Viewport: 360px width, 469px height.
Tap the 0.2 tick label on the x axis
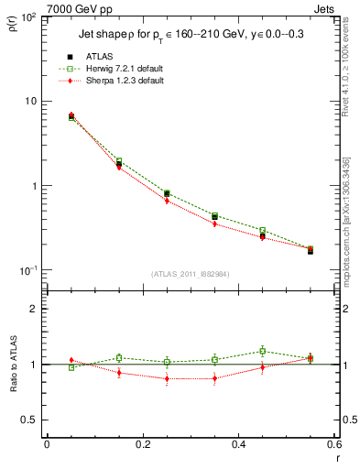point(142,444)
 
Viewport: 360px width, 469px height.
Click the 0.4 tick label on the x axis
point(238,444)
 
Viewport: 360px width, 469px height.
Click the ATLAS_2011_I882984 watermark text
point(191,274)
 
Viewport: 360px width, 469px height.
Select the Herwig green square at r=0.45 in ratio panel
point(262,351)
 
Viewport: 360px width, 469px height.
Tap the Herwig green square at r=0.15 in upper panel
point(119,161)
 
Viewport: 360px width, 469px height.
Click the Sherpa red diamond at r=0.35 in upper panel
point(214,224)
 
